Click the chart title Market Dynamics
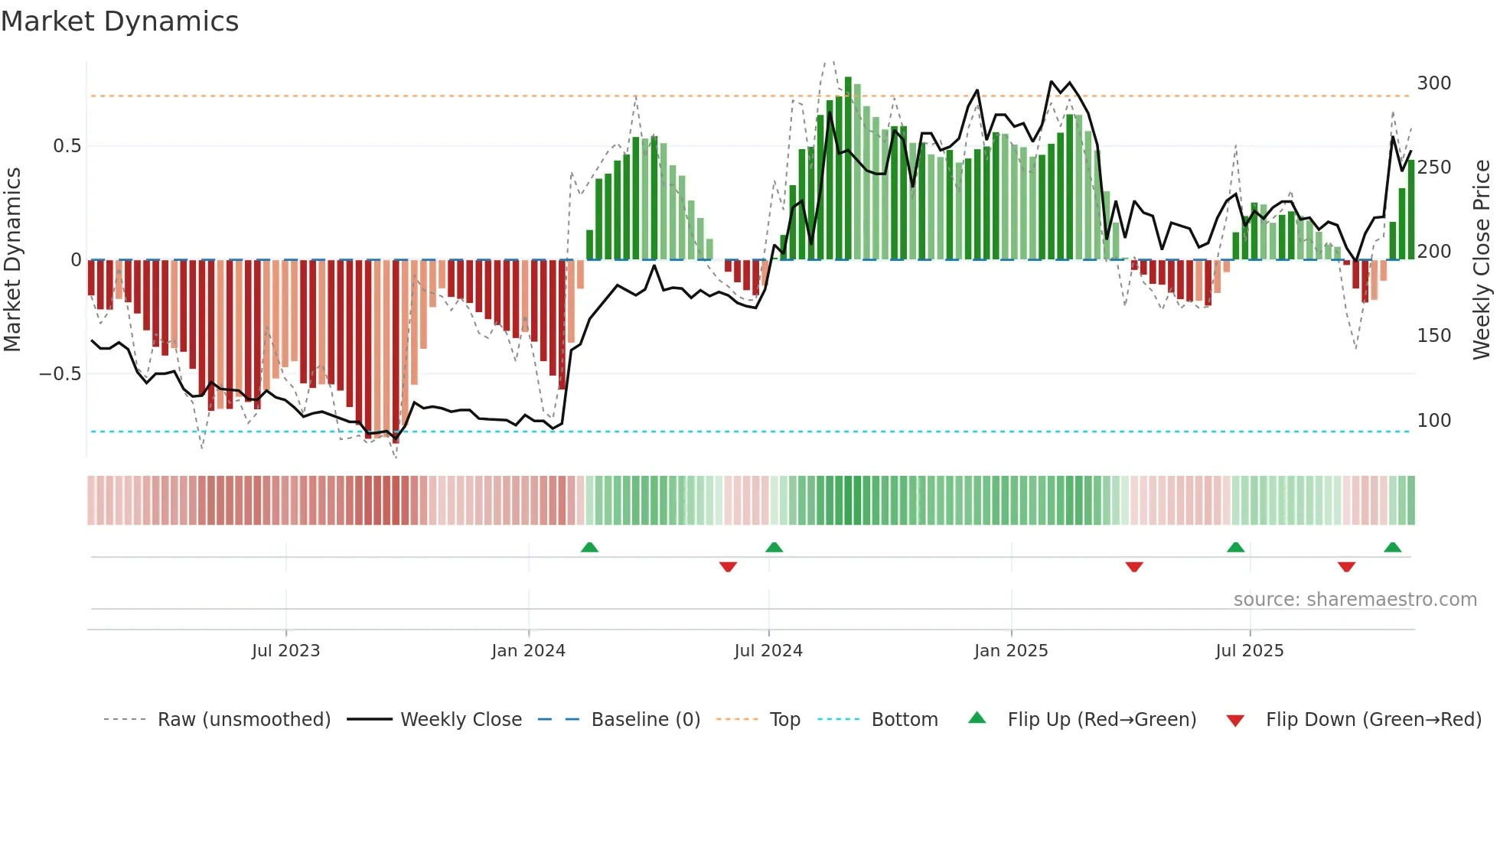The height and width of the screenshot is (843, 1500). click(119, 21)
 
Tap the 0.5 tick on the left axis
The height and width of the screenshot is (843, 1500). click(67, 146)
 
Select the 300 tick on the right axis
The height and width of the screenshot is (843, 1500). click(1433, 83)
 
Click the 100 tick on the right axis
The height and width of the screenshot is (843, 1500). click(1433, 421)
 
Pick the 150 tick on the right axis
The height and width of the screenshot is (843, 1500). click(1433, 336)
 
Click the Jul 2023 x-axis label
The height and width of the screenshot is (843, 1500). click(285, 651)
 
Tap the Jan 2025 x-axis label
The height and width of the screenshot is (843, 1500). click(1010, 651)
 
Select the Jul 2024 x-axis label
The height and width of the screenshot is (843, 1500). click(768, 651)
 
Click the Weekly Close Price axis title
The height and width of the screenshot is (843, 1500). click(1482, 260)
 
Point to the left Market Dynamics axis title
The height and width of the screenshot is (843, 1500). click(12, 260)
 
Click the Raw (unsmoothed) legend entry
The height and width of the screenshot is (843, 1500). click(243, 720)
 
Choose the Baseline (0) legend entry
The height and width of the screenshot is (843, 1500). click(645, 720)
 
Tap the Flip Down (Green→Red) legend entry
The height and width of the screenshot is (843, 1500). click(1373, 720)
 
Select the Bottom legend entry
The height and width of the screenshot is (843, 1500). click(904, 720)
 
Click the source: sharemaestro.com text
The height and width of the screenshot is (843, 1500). click(1355, 600)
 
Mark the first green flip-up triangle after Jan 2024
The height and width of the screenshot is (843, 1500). click(589, 548)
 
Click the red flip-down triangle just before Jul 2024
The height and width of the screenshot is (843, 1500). click(728, 567)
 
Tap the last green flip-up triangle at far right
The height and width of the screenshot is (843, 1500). click(1392, 548)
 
